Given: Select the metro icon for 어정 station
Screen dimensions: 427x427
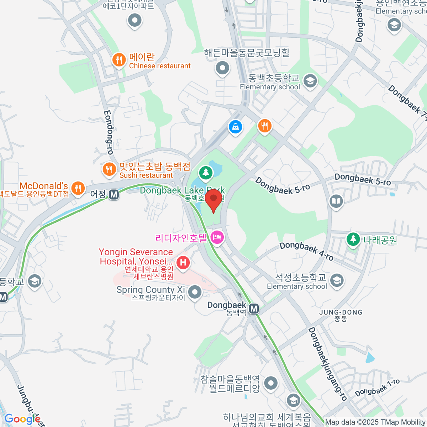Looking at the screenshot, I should pyautogui.click(x=114, y=194).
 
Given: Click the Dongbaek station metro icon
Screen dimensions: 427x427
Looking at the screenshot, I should pyautogui.click(x=254, y=309).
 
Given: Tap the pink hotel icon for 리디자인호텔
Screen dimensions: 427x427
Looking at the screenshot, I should pyautogui.click(x=217, y=237).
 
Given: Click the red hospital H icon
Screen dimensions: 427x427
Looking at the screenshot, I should pyautogui.click(x=183, y=263).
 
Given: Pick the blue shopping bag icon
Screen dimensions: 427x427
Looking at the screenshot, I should pyautogui.click(x=235, y=126).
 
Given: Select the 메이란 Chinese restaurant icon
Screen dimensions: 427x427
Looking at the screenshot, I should pyautogui.click(x=119, y=60).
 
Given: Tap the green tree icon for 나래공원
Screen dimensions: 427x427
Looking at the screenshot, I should pyautogui.click(x=353, y=239).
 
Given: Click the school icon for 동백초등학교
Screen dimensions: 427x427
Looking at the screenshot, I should pyautogui.click(x=310, y=81).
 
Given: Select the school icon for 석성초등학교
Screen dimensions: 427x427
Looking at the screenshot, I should pyautogui.click(x=337, y=280).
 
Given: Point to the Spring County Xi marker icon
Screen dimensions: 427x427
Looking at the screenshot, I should pyautogui.click(x=195, y=292).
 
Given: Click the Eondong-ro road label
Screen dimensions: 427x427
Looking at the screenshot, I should pyautogui.click(x=109, y=132).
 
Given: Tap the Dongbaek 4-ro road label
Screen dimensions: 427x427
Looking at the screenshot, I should pyautogui.click(x=306, y=251).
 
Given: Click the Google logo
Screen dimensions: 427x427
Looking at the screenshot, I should pyautogui.click(x=22, y=419).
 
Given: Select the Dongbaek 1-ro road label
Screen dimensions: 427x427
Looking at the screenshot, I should pyautogui.click(x=377, y=388).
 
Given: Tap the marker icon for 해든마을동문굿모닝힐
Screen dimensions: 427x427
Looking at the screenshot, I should pyautogui.click(x=223, y=67).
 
